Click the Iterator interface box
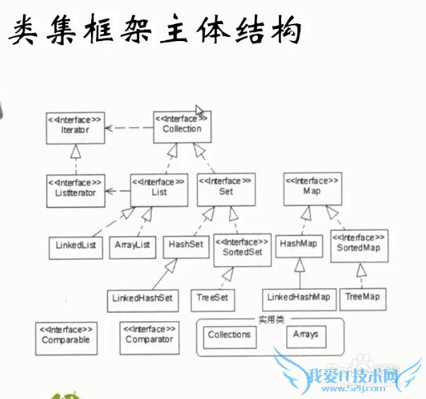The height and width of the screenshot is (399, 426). (x=75, y=127)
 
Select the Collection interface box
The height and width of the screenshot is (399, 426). (x=182, y=125)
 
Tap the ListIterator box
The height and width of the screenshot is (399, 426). (x=75, y=190)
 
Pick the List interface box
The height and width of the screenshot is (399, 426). (x=159, y=187)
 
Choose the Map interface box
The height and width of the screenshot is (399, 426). (x=312, y=187)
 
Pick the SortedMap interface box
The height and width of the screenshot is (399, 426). (x=359, y=245)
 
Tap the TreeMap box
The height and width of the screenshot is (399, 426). (x=362, y=298)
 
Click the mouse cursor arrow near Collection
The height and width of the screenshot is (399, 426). (x=200, y=112)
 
